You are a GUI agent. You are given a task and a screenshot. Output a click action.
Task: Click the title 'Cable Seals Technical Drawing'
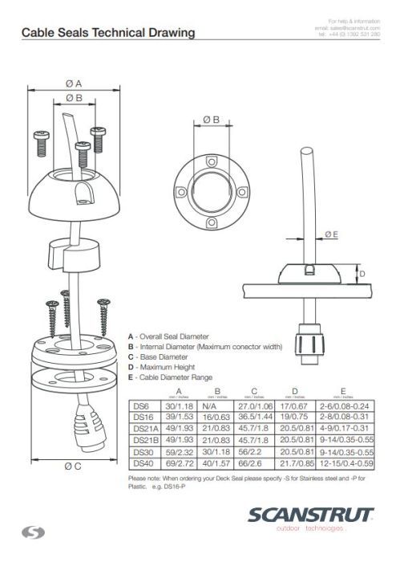click(x=107, y=33)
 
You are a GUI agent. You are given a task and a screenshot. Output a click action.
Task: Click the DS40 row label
click(x=141, y=462)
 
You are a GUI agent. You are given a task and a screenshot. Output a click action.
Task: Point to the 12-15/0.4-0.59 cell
click(x=345, y=462)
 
